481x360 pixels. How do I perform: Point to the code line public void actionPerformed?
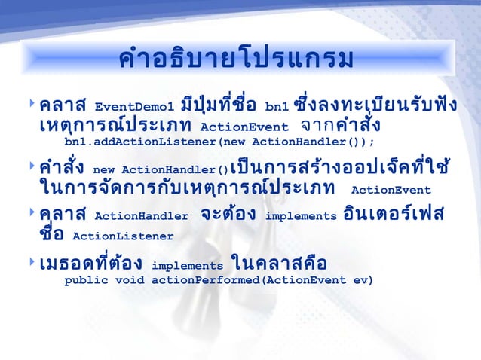pyautogui.click(x=219, y=281)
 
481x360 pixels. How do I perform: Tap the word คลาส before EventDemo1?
pyautogui.click(x=65, y=104)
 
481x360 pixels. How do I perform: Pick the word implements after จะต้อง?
pyautogui.click(x=302, y=218)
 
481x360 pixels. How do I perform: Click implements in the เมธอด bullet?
pyautogui.click(x=187, y=266)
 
